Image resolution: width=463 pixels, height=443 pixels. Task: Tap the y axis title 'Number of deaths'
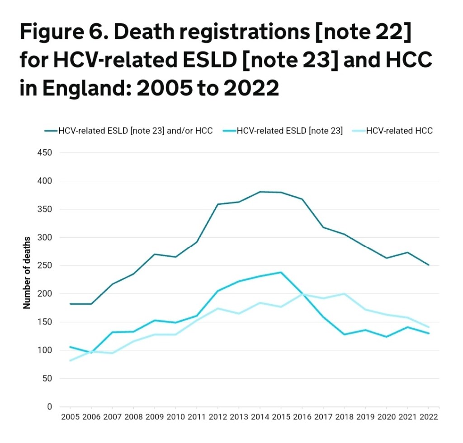click(27, 273)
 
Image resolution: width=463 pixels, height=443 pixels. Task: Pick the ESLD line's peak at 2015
click(281, 272)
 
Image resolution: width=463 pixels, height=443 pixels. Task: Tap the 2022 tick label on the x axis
click(429, 417)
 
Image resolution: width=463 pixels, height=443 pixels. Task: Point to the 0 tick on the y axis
click(50, 407)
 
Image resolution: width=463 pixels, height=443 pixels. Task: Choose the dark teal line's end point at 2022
click(429, 265)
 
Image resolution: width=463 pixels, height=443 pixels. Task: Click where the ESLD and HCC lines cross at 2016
click(302, 294)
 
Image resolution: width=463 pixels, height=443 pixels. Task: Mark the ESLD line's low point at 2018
click(345, 335)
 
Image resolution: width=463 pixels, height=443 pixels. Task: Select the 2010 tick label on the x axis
click(176, 417)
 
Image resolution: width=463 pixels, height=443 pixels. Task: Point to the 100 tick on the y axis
click(46, 350)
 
